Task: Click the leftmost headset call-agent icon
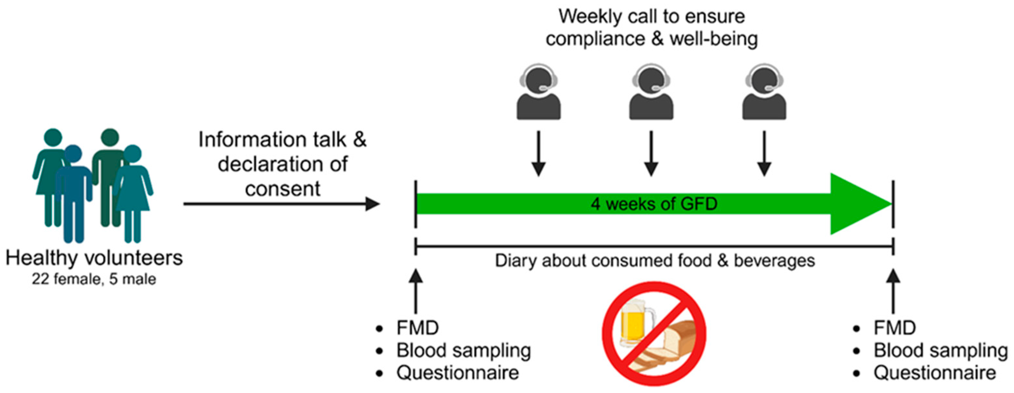538,93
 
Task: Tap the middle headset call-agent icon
651,93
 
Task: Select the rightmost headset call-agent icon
764,93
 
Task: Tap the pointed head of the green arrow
858,204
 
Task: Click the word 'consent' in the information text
283,189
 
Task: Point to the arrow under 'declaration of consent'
281,204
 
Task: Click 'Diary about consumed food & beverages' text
655,261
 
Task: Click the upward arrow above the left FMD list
416,291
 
